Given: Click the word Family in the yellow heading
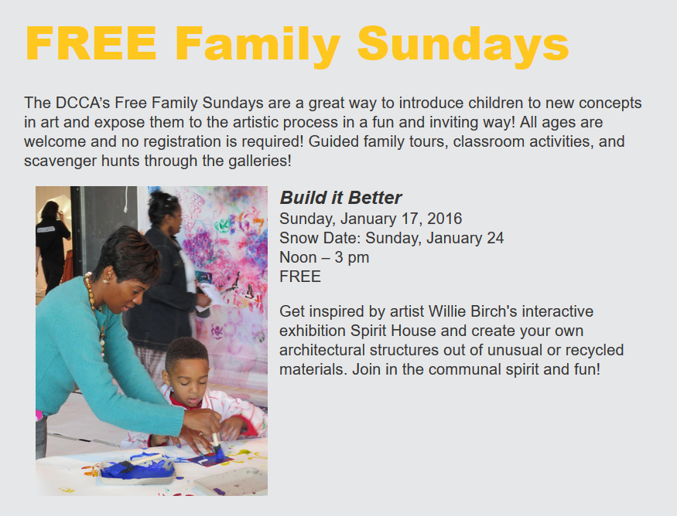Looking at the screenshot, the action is point(258,46).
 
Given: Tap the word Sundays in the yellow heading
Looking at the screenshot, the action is point(463,46).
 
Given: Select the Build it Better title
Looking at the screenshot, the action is point(340,198).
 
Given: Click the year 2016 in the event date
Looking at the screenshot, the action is point(445,219).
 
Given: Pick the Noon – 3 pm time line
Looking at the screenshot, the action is point(324,257).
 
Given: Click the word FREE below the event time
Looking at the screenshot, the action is point(300,277).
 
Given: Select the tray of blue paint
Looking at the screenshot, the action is point(137,470).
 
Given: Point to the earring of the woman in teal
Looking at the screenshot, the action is point(105,281).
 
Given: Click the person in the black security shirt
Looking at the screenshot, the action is point(51,246).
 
